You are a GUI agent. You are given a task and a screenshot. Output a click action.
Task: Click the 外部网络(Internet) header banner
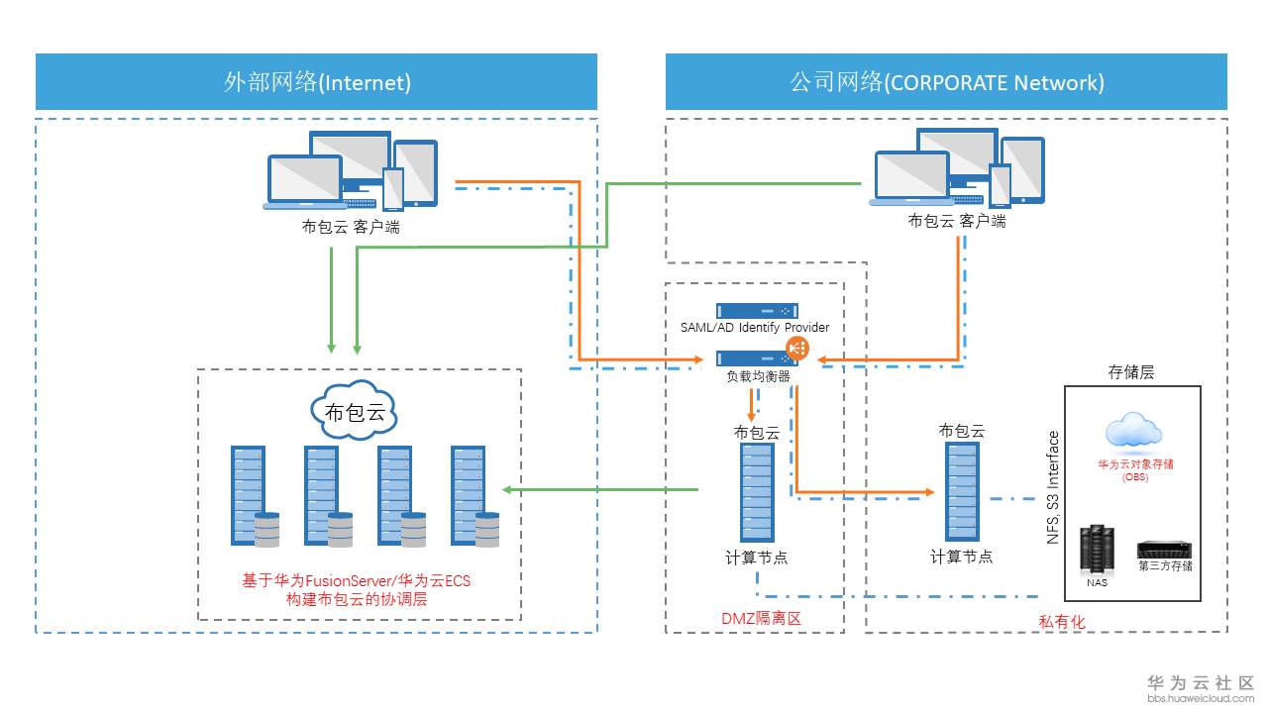[317, 82]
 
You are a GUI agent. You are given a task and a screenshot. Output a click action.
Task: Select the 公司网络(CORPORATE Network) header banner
[946, 82]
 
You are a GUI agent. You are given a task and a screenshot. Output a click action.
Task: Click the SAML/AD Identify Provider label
[755, 328]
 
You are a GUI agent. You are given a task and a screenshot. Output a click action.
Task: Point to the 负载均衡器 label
[758, 376]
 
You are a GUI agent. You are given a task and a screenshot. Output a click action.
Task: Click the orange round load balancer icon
[797, 348]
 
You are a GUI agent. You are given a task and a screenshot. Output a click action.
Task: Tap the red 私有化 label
[1062, 621]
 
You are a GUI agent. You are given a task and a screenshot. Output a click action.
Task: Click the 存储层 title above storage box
[1131, 372]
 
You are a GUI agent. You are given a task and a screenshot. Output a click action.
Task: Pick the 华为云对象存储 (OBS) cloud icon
[1133, 432]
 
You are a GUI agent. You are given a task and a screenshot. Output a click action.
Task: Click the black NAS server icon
[1097, 549]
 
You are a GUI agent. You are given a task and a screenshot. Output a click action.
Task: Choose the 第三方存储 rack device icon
[1164, 550]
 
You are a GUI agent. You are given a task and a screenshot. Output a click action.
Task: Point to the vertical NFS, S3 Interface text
[1053, 487]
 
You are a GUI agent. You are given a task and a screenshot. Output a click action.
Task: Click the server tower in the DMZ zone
[757, 491]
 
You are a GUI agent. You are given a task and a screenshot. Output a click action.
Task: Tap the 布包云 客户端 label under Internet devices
[351, 227]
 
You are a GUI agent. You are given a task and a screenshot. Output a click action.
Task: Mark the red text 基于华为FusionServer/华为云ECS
[357, 580]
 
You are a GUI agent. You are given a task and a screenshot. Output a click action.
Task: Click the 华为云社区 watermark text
[1201, 683]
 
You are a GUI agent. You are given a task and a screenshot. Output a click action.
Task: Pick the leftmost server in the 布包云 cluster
[248, 495]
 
